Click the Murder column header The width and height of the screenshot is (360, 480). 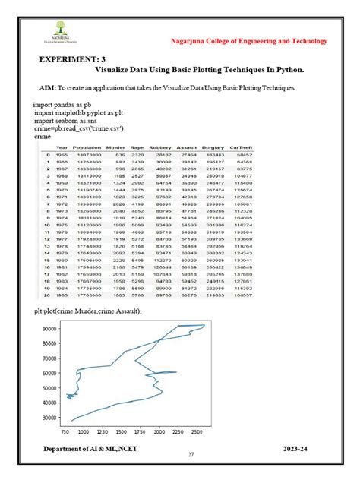point(115,147)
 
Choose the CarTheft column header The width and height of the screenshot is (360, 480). point(241,147)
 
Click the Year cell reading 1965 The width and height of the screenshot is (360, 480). point(62,155)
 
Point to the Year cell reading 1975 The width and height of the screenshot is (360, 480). point(62,225)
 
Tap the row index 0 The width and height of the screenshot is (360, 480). point(47,155)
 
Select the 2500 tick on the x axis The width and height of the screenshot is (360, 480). point(195,431)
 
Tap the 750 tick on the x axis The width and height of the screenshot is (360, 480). point(65,431)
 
